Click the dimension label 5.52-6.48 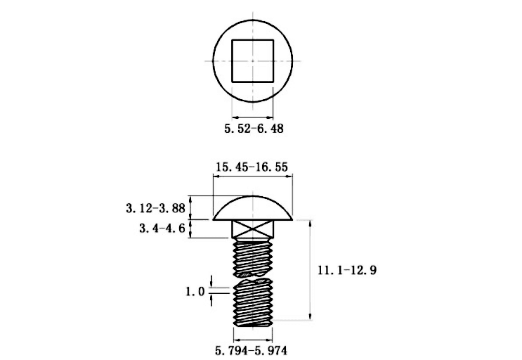254,128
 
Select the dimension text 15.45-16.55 252,167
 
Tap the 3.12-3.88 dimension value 155,208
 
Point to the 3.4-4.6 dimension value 162,229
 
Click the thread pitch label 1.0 195,292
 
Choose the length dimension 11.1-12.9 347,270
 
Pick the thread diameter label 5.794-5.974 251,350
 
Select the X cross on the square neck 253,229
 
